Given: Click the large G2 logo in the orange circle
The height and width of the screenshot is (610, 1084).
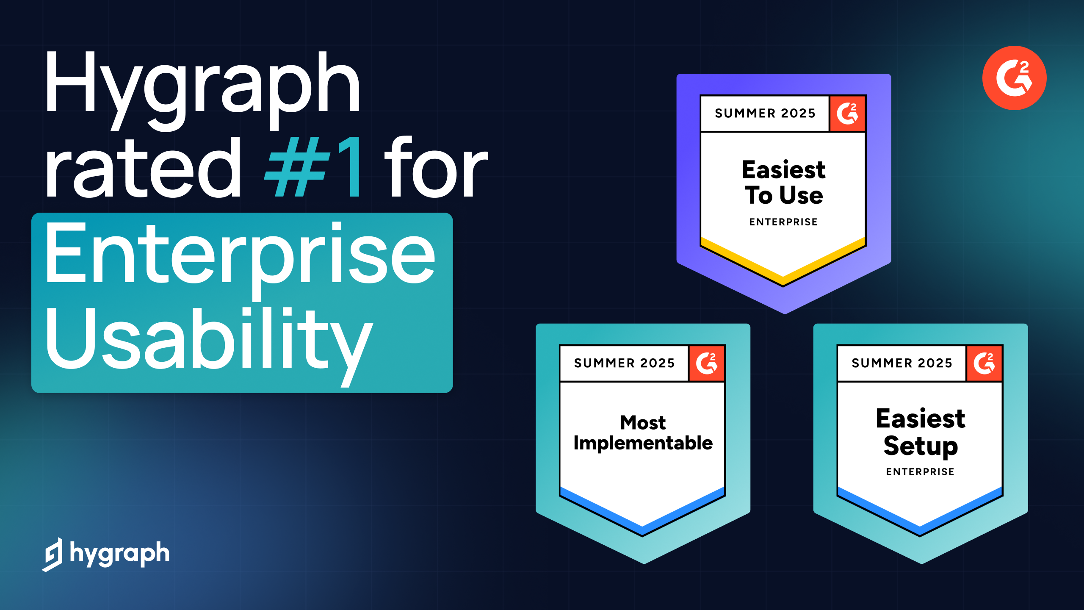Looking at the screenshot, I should tap(1014, 78).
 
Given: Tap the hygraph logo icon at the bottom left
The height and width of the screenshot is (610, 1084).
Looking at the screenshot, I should tap(53, 554).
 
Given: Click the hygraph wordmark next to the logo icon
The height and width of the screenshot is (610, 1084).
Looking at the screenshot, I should tap(119, 553).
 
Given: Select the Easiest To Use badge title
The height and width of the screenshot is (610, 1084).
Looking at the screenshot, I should tap(783, 182).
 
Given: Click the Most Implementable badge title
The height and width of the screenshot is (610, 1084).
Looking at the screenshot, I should tap(643, 433).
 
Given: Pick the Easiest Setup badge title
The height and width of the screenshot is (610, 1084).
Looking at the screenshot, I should tap(921, 432).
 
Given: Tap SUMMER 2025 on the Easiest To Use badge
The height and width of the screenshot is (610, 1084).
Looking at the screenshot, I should tap(765, 113).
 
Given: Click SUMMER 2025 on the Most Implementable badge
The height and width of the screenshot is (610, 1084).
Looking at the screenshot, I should tap(624, 363).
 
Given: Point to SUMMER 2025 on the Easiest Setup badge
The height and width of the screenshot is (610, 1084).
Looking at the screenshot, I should tap(902, 363).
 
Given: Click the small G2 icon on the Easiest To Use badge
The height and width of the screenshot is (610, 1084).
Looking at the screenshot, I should tap(847, 114).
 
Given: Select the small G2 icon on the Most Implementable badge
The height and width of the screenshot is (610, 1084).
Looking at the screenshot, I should tap(707, 363).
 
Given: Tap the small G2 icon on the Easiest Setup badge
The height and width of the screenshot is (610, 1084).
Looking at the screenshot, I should tap(984, 363).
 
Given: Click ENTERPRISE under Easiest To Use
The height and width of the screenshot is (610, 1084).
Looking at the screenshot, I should tap(783, 222).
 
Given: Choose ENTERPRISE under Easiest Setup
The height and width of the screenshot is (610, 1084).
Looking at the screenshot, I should tap(920, 471).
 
